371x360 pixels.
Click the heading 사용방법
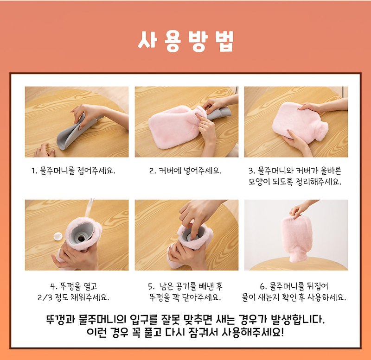coord(186,41)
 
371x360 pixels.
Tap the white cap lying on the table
coord(58,236)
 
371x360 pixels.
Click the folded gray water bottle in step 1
coord(76,132)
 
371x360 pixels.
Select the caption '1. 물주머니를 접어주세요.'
coord(73,171)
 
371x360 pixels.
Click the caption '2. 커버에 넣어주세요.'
coord(185,171)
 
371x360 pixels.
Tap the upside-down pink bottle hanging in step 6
coord(296,239)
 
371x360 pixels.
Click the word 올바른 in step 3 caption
coord(331,170)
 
